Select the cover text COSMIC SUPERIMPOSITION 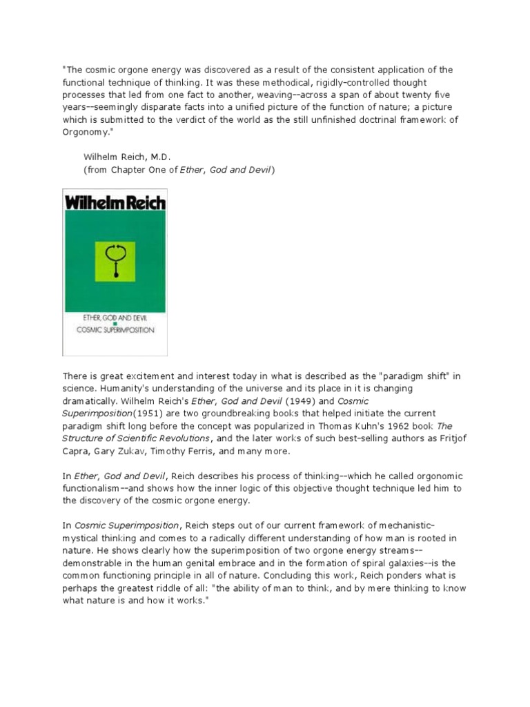[115, 330]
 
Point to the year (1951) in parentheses [132, 414]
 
